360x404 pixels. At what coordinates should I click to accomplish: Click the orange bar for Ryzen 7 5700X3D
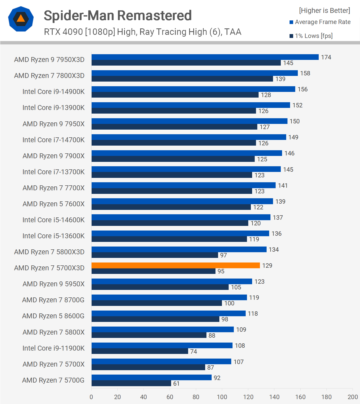[175, 265]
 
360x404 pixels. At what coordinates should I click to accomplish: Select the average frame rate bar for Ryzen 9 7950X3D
[205, 57]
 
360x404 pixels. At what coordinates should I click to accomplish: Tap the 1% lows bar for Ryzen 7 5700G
[131, 383]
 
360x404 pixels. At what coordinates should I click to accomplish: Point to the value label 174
[326, 57]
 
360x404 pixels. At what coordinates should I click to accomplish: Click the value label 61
[176, 384]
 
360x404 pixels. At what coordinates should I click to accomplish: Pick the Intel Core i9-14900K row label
[53, 92]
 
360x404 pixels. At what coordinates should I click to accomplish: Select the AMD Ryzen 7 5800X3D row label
[49, 252]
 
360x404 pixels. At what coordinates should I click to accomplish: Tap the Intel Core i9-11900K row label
[53, 348]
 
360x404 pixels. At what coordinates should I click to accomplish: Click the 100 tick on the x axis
[222, 397]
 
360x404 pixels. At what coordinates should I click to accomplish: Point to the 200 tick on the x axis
[353, 397]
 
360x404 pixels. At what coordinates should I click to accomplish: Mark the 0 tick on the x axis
[91, 397]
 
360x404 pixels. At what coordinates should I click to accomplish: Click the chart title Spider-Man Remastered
[118, 15]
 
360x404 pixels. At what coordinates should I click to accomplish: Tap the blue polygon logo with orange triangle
[21, 19]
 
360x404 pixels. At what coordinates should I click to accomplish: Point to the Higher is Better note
[324, 11]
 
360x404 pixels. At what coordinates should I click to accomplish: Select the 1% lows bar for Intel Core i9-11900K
[140, 351]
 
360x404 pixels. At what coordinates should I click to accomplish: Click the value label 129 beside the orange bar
[267, 266]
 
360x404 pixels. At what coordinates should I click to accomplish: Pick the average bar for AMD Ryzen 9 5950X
[172, 281]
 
